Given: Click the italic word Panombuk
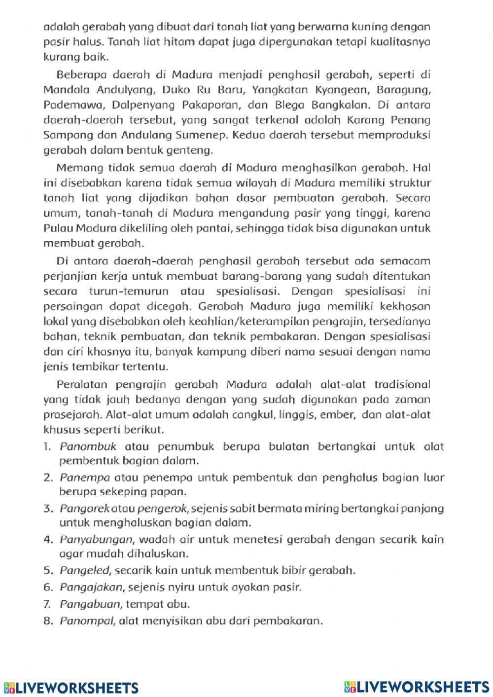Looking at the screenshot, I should click(x=88, y=447).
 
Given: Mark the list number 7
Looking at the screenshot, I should click(x=48, y=604).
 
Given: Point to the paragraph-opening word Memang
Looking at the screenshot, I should click(x=77, y=168).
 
